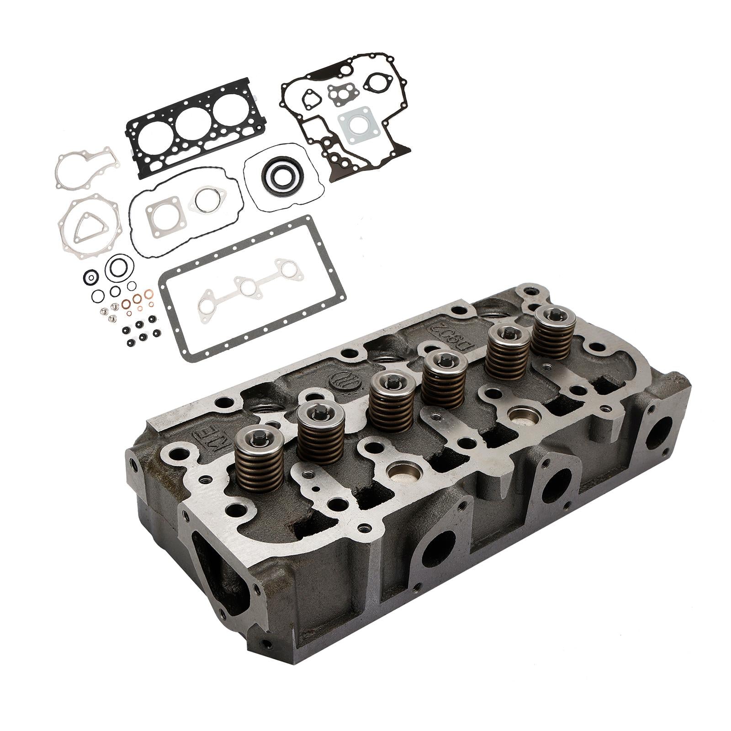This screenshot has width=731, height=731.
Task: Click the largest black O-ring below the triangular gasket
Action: [x=119, y=268]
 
